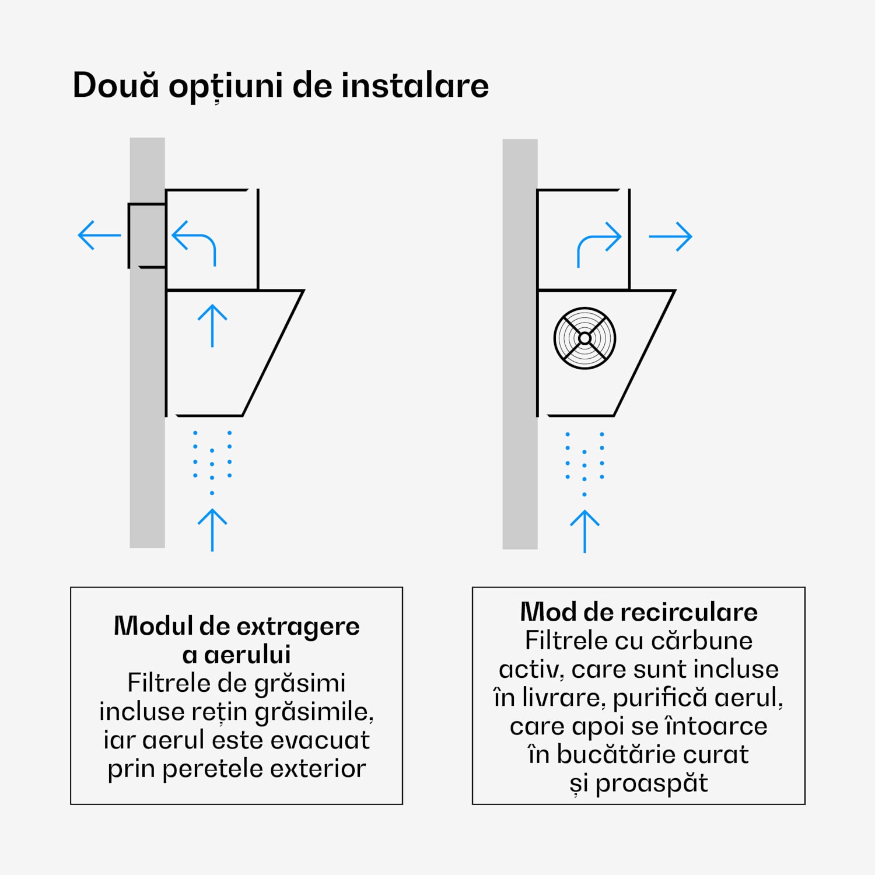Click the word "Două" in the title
(x=116, y=85)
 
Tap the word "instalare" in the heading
(x=415, y=85)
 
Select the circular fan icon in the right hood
(x=584, y=338)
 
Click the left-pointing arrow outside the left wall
(x=99, y=235)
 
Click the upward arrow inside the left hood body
(x=212, y=325)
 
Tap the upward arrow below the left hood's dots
(x=212, y=530)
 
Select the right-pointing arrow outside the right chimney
(x=670, y=236)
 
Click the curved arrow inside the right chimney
(x=598, y=243)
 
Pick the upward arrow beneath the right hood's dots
(x=584, y=531)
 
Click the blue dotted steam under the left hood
(x=212, y=461)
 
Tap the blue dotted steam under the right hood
(x=584, y=463)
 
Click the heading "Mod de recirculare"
(x=639, y=612)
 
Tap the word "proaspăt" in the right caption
(x=651, y=783)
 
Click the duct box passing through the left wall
(x=147, y=236)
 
